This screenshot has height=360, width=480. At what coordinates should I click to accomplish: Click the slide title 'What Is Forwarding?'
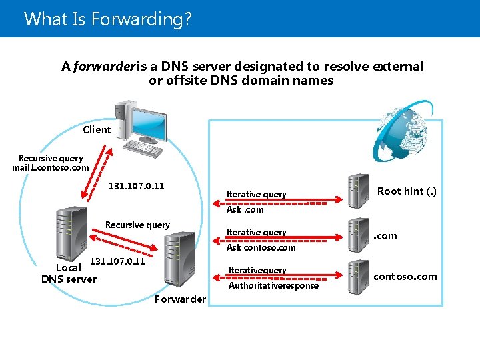107,18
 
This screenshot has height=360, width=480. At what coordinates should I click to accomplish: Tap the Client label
97,130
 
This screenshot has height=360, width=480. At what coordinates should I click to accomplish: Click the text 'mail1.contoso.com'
50,168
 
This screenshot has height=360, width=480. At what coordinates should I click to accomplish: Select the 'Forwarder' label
180,299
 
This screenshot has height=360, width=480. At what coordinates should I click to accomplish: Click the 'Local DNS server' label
69,273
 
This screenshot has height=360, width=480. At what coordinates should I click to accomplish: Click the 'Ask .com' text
245,210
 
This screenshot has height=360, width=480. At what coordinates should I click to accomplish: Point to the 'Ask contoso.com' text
261,248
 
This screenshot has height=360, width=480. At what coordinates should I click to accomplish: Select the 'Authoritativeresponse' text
273,286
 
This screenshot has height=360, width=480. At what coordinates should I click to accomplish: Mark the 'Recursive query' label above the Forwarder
137,225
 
